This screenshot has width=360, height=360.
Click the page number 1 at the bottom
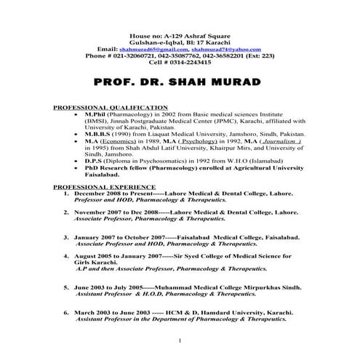click(179, 340)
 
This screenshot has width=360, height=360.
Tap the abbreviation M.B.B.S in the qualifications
click(100, 136)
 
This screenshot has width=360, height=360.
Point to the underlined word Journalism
click(257, 143)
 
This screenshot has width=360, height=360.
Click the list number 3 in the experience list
click(66, 237)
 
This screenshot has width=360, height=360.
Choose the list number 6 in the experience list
click(66, 311)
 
